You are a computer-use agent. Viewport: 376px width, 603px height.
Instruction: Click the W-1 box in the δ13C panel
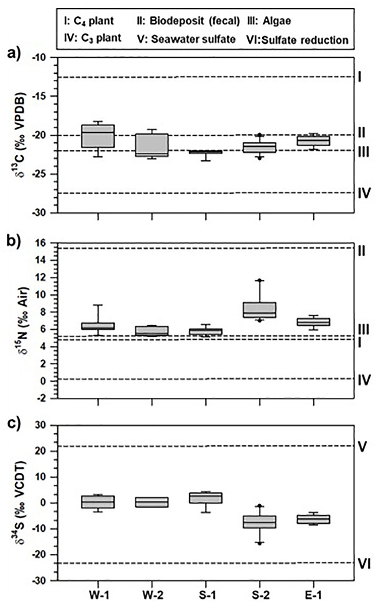pyautogui.click(x=98, y=136)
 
